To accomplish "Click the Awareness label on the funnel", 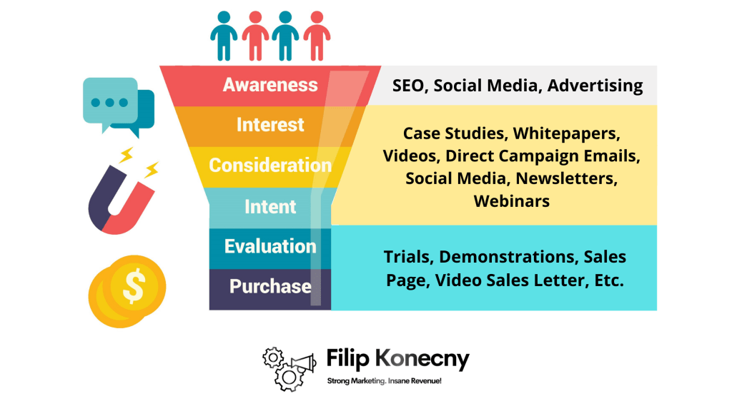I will tap(269, 85).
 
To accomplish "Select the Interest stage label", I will tap(269, 125).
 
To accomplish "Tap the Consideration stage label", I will tap(269, 166).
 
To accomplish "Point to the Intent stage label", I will tap(269, 207).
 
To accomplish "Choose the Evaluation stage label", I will tap(269, 247).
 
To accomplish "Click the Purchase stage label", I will tap(269, 287).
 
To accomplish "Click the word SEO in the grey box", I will tap(409, 86).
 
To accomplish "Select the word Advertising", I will tap(595, 86).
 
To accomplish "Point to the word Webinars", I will tap(512, 201).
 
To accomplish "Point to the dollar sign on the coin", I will tap(133, 287).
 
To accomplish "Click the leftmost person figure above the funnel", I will tap(224, 35).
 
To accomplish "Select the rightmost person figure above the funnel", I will tap(317, 35).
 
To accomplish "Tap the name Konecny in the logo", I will tap(425, 359).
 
